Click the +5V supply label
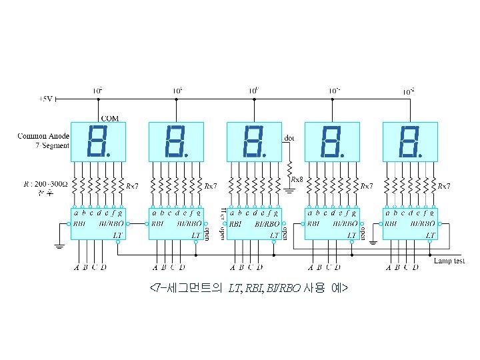[x=45, y=99]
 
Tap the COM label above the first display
[x=110, y=118]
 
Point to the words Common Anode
[x=43, y=136]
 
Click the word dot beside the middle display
[x=289, y=139]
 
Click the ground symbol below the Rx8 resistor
[x=290, y=190]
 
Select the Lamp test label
[x=449, y=261]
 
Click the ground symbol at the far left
[x=59, y=246]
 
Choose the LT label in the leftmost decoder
[x=118, y=235]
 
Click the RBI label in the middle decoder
[x=235, y=225]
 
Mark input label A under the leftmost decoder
[x=77, y=269]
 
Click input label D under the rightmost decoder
[x=415, y=269]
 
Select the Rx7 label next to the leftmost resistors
[x=133, y=186]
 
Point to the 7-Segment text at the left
[x=53, y=145]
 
